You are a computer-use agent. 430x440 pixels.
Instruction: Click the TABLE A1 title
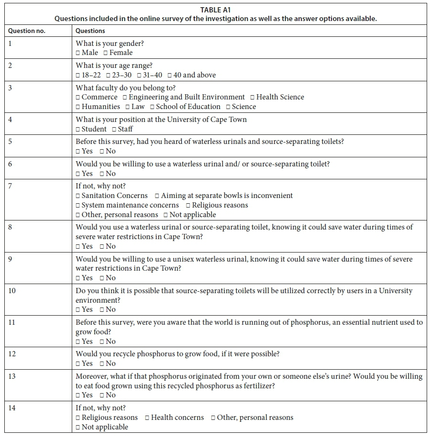(215, 10)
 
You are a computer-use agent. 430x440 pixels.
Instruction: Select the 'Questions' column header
(90, 31)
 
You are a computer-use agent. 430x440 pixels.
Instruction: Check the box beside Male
(78, 53)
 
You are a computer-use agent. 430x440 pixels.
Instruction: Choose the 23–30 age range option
(109, 75)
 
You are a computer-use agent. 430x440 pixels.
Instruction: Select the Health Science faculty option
(253, 98)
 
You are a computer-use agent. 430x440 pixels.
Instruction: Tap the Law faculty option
(128, 107)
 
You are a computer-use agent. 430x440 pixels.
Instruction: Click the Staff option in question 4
(114, 129)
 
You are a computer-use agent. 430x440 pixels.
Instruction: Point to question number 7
(11, 186)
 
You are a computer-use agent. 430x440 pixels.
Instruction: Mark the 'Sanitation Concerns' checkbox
(78, 196)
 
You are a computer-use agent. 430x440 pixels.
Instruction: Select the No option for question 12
(102, 364)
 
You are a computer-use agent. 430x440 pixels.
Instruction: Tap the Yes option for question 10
(78, 310)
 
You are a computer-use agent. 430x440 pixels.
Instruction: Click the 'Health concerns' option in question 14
(147, 418)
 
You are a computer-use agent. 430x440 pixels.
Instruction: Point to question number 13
(12, 376)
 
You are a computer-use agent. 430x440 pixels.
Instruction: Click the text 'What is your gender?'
(110, 44)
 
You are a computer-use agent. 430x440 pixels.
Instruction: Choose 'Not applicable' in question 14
(78, 428)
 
